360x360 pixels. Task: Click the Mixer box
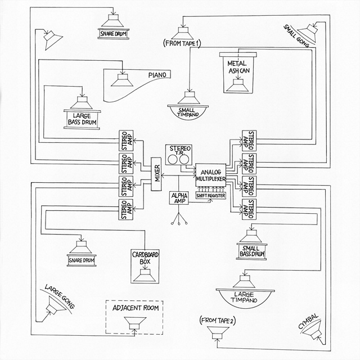(x=157, y=175)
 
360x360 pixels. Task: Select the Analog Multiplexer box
(x=210, y=175)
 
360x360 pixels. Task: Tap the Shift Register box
(x=210, y=195)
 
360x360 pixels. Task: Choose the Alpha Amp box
(x=178, y=198)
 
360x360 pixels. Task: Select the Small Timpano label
(x=190, y=111)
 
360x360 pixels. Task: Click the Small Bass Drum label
(x=251, y=251)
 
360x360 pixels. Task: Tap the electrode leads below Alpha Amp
(x=178, y=219)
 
